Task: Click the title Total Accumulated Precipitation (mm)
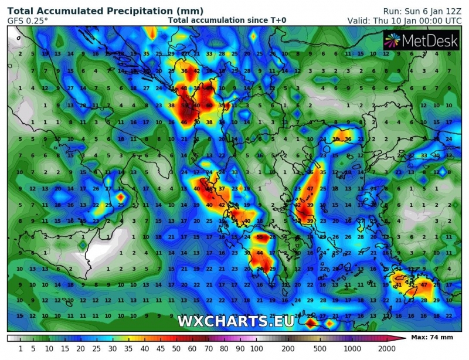coord(106,11)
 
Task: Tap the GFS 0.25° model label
coord(28,21)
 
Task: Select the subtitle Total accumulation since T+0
coord(227,21)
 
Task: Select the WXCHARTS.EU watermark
coord(235,321)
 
